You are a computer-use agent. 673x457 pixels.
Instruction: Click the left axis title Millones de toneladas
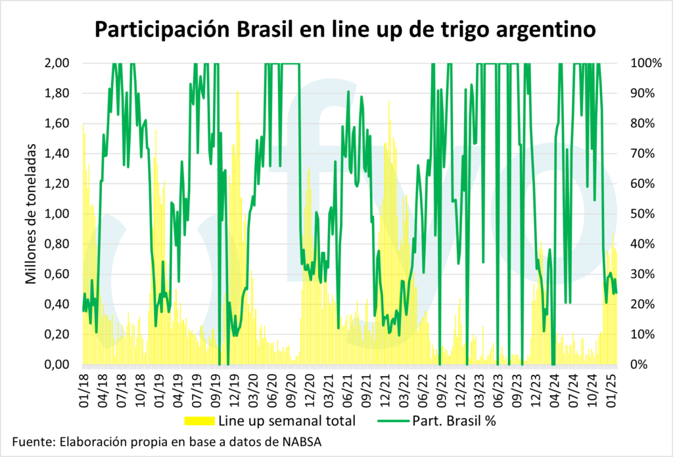[x=31, y=214]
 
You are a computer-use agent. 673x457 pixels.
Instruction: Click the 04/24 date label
[x=554, y=387]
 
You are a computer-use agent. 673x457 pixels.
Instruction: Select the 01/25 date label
[x=614, y=387]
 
